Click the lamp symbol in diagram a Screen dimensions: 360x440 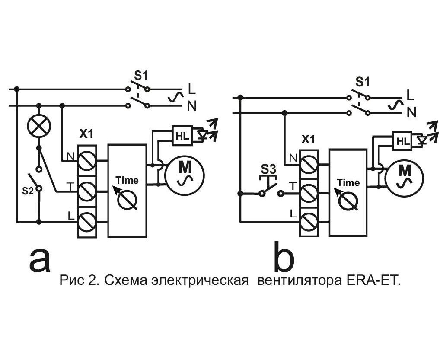[x=39, y=126]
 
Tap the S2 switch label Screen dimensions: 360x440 [x=27, y=191]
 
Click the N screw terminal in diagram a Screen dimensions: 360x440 [x=87, y=161]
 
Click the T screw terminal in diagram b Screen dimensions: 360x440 [x=308, y=194]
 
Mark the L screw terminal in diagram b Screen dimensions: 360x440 [x=308, y=222]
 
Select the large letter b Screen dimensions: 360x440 [x=284, y=258]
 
